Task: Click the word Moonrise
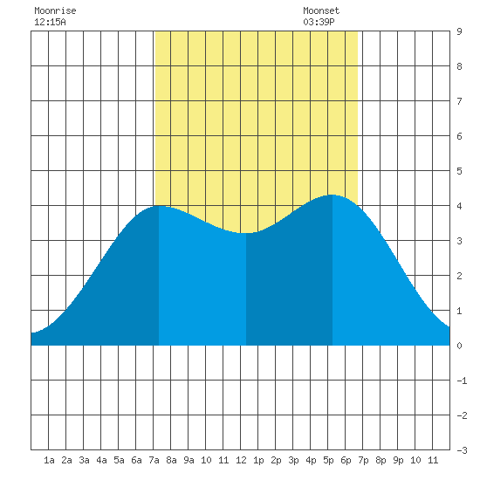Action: pyautogui.click(x=55, y=10)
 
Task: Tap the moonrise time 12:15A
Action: pyautogui.click(x=50, y=22)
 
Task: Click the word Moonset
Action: pyautogui.click(x=321, y=10)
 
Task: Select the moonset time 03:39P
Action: pyautogui.click(x=319, y=22)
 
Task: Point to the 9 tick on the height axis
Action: pyautogui.click(x=459, y=31)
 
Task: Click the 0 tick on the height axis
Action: pyautogui.click(x=459, y=346)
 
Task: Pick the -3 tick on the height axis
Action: pyautogui.click(x=463, y=450)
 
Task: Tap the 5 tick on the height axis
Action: pyautogui.click(x=459, y=171)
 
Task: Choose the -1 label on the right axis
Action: pyautogui.click(x=463, y=381)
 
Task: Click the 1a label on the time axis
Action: pyautogui.click(x=49, y=460)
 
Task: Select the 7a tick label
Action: pyautogui.click(x=154, y=460)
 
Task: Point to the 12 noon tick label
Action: pyautogui.click(x=241, y=460)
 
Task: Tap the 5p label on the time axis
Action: pyautogui.click(x=328, y=460)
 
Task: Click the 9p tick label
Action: pyautogui.click(x=398, y=460)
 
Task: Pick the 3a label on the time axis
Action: pyautogui.click(x=84, y=460)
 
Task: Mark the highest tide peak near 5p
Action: pyautogui.click(x=333, y=195)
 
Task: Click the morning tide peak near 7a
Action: pyautogui.click(x=159, y=206)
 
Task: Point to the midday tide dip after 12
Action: pyautogui.click(x=246, y=233)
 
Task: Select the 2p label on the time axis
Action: pyautogui.click(x=276, y=460)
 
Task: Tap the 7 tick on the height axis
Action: pyautogui.click(x=459, y=101)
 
